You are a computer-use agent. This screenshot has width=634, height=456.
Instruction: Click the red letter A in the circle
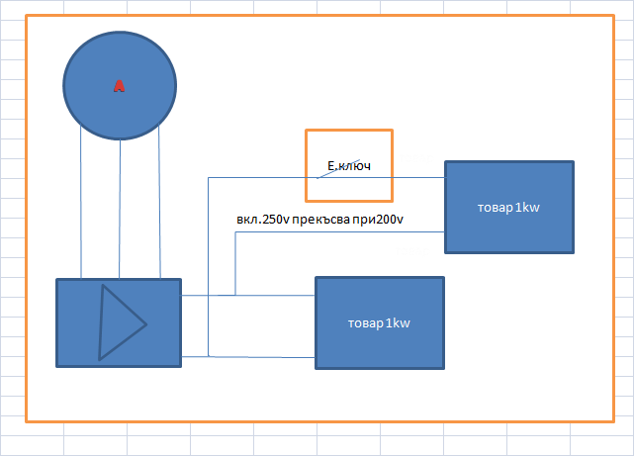(119, 86)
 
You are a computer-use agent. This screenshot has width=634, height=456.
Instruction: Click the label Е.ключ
(348, 166)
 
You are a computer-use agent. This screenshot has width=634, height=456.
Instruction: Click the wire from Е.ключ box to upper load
(418, 177)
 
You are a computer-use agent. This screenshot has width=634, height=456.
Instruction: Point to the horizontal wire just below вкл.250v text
(336, 231)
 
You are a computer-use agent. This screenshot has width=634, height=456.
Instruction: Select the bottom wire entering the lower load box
(262, 356)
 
